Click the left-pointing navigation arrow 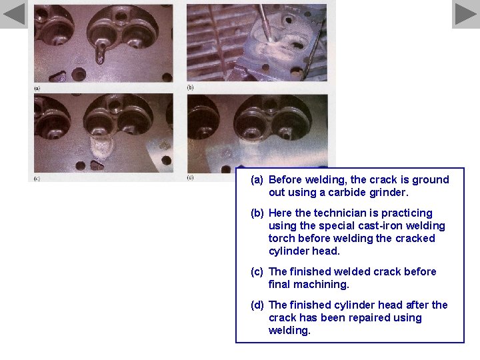click(x=14, y=14)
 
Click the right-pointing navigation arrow click(x=465, y=14)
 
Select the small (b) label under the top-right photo click(x=190, y=87)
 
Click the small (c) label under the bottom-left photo click(x=37, y=179)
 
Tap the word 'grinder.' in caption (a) click(x=389, y=192)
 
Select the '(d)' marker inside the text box click(x=258, y=305)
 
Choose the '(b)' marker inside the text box click(x=258, y=213)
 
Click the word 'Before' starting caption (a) click(x=286, y=179)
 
